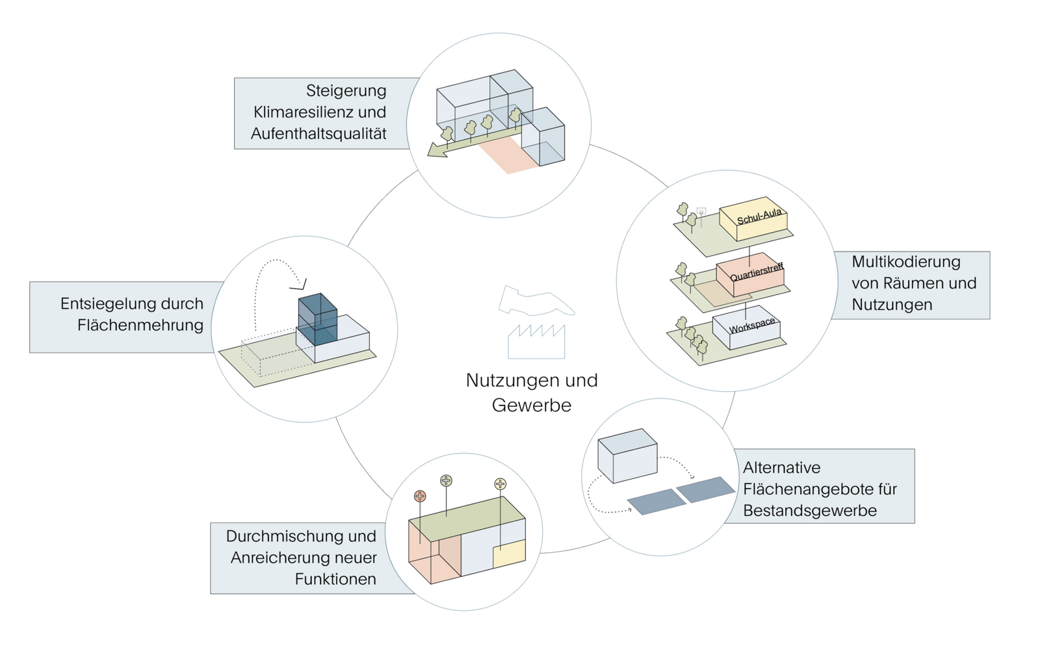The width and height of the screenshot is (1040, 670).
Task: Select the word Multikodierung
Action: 905,262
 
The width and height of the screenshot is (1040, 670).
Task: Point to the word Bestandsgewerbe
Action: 810,511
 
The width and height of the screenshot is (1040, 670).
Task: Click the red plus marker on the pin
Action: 420,496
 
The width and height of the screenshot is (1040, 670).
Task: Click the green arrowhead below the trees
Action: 434,151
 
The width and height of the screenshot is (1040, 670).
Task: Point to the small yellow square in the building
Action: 508,556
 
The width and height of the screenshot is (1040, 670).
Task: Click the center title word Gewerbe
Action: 532,406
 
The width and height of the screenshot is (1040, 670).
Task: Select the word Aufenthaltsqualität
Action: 318,134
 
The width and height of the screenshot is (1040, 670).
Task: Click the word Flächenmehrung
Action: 140,325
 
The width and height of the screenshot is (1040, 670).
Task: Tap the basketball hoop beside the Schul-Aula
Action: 701,211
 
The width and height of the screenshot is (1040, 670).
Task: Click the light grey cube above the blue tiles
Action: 627,455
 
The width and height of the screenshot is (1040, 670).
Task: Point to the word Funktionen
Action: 335,579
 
